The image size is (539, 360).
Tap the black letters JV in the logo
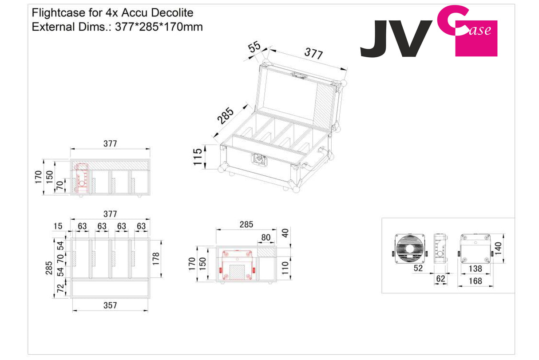(x=396, y=39)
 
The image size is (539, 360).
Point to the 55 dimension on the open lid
(x=255, y=47)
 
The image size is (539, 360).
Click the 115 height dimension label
(x=198, y=157)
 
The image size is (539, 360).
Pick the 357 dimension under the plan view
(x=110, y=305)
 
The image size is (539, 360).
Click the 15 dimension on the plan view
(x=58, y=226)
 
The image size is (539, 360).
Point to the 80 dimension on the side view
(x=266, y=237)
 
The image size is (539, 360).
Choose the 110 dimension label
(x=285, y=267)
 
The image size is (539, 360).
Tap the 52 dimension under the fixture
(x=418, y=268)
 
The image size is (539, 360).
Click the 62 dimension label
(x=440, y=279)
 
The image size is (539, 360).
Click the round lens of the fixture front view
(x=411, y=250)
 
